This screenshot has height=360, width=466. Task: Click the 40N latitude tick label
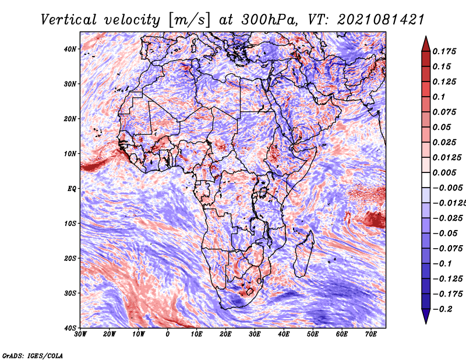(70, 49)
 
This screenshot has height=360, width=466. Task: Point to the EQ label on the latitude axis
(72, 189)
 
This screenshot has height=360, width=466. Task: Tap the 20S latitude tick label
(70, 258)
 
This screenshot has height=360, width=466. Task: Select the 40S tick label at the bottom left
(70, 328)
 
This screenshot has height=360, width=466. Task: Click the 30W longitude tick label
(80, 334)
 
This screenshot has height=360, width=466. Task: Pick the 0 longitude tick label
(168, 334)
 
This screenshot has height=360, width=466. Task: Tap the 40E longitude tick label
(284, 334)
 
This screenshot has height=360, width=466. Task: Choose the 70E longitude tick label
(371, 334)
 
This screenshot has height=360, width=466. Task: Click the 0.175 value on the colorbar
(444, 51)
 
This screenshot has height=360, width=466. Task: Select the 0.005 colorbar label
(444, 172)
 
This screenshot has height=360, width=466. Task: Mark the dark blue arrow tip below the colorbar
(426, 323)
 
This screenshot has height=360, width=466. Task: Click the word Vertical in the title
(69, 20)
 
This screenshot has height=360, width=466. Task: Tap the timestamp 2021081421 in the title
(381, 20)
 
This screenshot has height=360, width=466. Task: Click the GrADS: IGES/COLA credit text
(33, 356)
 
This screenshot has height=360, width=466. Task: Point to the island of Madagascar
(305, 253)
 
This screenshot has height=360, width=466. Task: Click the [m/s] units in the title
(189, 20)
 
